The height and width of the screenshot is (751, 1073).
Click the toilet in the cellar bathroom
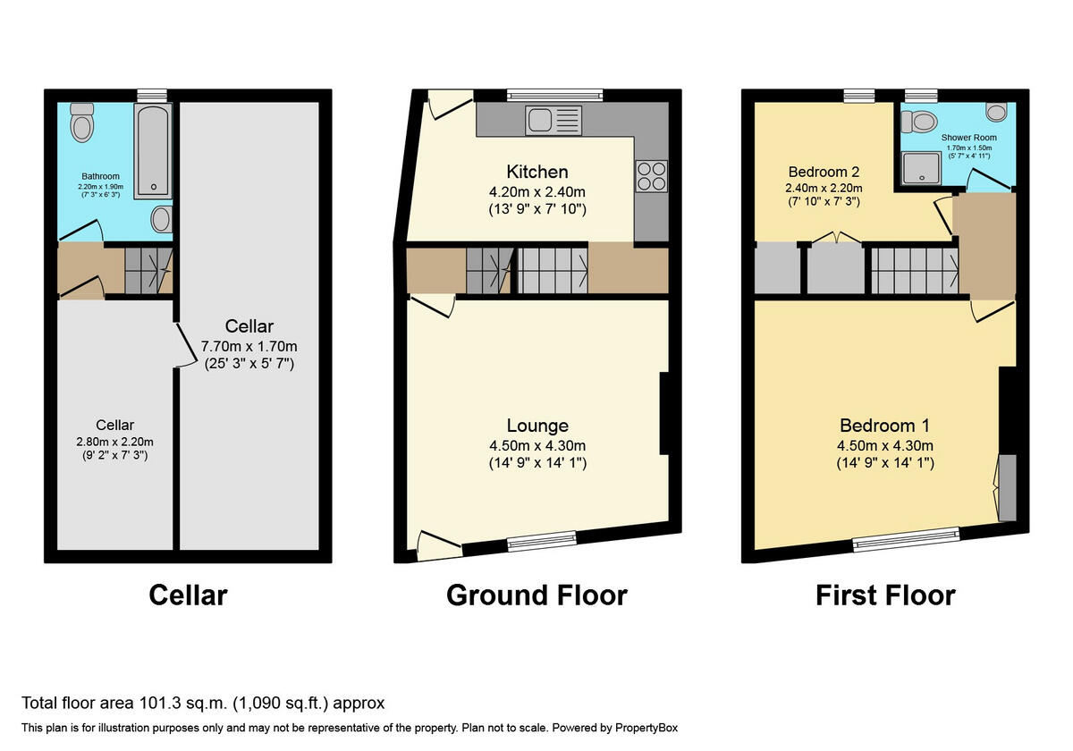(x=82, y=122)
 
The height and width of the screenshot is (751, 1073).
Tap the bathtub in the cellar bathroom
(x=153, y=150)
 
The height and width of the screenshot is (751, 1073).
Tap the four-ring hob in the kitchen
(x=650, y=174)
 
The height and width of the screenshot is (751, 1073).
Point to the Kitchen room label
(x=536, y=172)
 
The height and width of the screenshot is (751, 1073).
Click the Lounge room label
(x=536, y=426)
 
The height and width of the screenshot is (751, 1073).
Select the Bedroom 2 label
(x=824, y=172)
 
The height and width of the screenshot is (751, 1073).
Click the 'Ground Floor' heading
(x=536, y=595)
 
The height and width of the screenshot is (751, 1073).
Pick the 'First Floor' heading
(x=884, y=595)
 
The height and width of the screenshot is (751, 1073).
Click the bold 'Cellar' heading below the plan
(x=188, y=595)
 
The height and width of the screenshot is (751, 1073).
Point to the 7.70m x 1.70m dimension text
(x=249, y=346)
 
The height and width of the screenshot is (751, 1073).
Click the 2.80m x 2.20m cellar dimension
(x=115, y=441)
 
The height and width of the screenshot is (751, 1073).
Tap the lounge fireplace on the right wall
(x=664, y=414)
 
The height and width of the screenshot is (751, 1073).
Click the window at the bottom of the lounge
(x=542, y=538)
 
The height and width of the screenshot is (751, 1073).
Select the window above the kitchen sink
(x=554, y=95)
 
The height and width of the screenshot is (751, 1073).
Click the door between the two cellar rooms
(x=185, y=344)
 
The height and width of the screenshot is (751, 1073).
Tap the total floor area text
(x=203, y=704)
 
